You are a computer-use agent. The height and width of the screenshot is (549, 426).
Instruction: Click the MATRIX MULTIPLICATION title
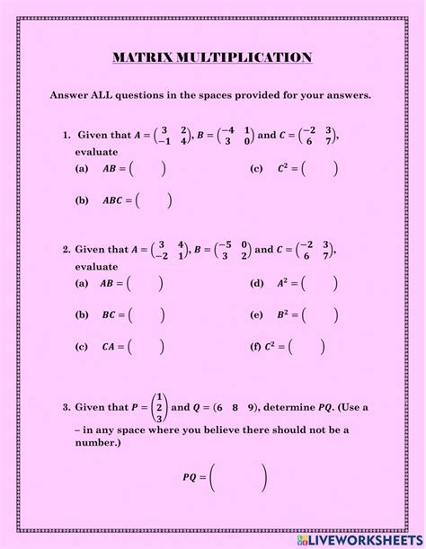pos(213,58)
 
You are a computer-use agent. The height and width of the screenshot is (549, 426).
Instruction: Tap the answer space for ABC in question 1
pos(155,199)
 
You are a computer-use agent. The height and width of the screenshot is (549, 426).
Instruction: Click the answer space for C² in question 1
pos(321,168)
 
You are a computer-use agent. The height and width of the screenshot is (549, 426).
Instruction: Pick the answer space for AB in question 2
pos(146,284)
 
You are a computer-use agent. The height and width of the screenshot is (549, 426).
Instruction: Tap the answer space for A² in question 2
pos(320,284)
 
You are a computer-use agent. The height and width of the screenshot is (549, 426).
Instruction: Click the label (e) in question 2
pos(256,315)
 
